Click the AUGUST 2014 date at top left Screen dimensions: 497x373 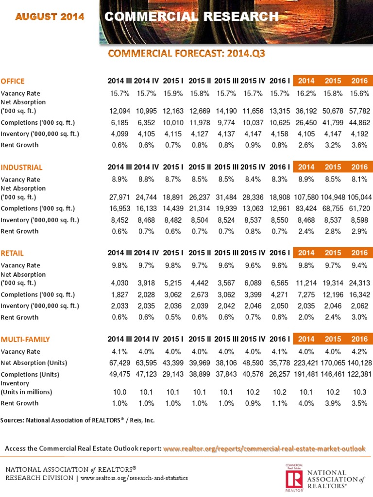coord(50,17)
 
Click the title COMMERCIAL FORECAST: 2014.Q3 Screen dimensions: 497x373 coord(186,53)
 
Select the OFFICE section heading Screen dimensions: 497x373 coord(13,81)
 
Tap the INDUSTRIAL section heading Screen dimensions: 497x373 coord(22,167)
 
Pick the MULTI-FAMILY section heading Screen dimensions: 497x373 coord(25,339)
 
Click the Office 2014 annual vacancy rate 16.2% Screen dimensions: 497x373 coord(306,93)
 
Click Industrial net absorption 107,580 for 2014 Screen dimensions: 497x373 coord(306,198)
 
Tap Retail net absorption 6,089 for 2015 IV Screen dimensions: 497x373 coord(253,282)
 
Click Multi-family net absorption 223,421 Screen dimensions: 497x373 coord(306,363)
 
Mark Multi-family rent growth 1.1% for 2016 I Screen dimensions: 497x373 coord(280,403)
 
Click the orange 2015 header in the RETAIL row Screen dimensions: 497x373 coord(333,253)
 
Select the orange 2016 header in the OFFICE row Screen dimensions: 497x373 coord(360,81)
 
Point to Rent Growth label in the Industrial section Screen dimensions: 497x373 coord(20,231)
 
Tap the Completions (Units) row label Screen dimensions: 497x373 coord(30,375)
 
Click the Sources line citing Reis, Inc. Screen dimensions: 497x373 coord(78,420)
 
